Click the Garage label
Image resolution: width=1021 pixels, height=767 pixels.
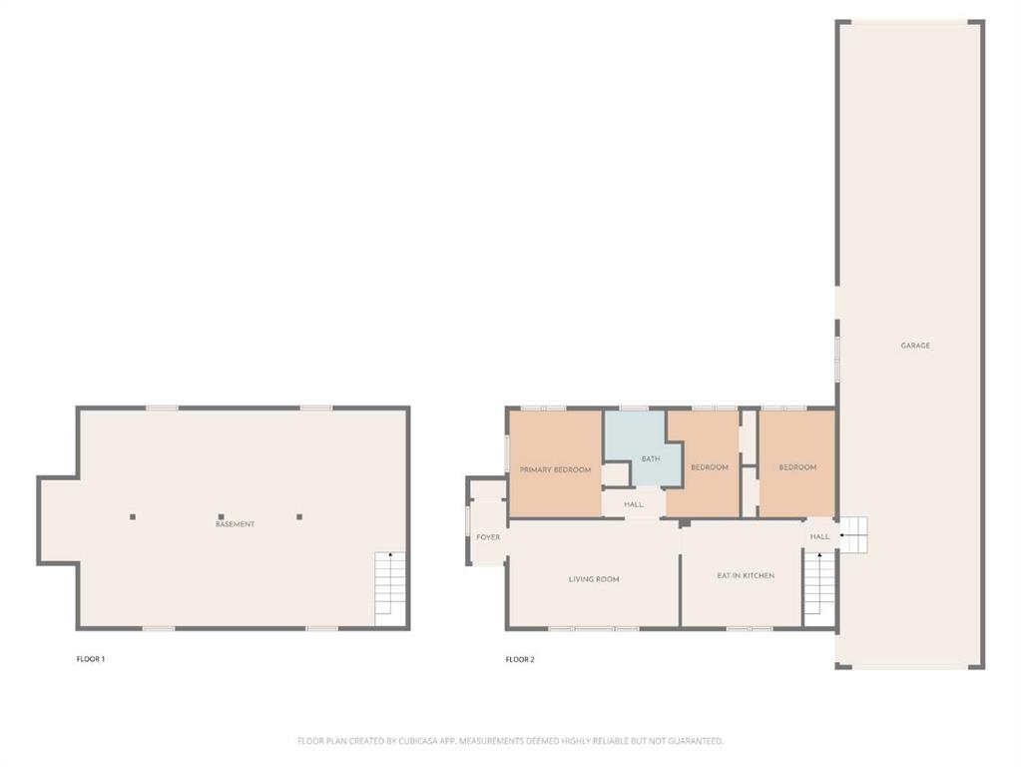(x=915, y=346)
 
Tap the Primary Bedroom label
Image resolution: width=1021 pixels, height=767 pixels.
(x=555, y=469)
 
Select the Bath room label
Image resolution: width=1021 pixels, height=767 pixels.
(x=651, y=458)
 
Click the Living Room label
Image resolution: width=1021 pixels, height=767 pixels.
(x=594, y=579)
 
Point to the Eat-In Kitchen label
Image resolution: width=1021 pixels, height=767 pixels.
(x=746, y=575)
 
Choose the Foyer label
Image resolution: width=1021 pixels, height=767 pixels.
(x=488, y=537)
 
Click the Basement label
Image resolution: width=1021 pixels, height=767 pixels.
(x=236, y=524)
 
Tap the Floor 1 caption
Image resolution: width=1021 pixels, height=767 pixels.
(x=91, y=659)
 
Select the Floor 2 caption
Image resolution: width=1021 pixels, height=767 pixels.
(x=520, y=659)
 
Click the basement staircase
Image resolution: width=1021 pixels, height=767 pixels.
(x=390, y=589)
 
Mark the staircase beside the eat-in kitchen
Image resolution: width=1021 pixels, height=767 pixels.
(x=819, y=582)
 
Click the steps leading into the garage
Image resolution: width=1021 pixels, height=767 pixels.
(x=853, y=535)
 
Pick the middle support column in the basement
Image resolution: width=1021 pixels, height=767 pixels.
(x=222, y=516)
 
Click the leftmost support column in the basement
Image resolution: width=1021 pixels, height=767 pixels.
(x=133, y=516)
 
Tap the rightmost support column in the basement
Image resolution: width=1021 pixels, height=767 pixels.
(x=299, y=516)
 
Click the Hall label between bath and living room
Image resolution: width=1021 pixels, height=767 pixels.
(x=634, y=504)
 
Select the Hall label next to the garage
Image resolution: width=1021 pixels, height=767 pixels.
(x=819, y=536)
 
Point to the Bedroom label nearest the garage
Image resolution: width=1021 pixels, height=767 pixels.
(x=797, y=467)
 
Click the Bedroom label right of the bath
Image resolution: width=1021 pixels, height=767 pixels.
(x=710, y=467)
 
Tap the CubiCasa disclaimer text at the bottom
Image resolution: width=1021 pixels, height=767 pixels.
(x=511, y=741)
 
